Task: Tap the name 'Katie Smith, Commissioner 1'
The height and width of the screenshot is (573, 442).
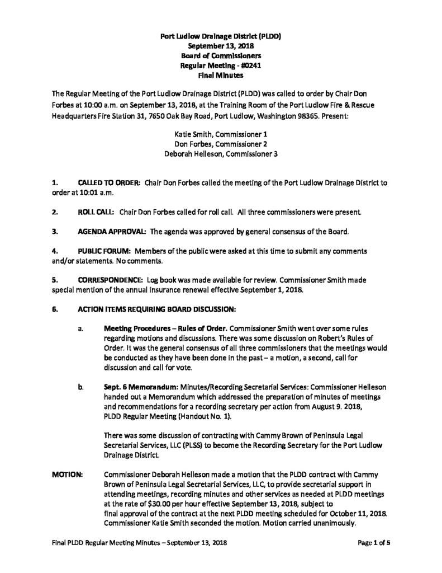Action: (x=220, y=134)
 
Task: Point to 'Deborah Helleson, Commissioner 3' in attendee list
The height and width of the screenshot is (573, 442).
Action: (x=220, y=153)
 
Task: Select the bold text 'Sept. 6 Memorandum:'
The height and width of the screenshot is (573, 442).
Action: (x=131, y=386)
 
